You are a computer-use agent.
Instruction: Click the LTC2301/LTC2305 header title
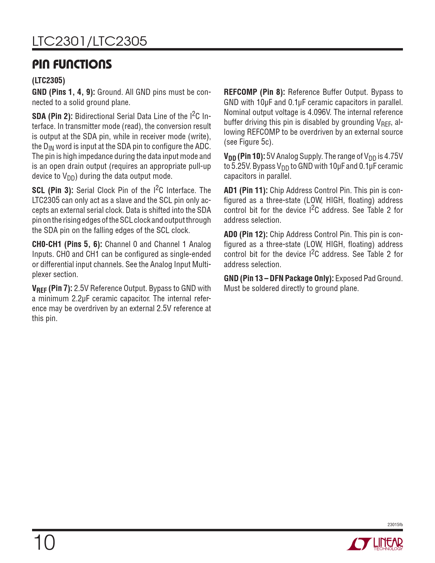[89, 41]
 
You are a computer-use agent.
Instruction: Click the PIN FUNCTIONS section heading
[72, 64]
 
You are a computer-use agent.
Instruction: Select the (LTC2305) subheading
[48, 81]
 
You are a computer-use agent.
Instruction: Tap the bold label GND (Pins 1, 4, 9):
[63, 92]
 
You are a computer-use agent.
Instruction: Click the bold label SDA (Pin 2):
[52, 116]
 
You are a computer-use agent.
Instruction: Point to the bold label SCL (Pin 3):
[53, 190]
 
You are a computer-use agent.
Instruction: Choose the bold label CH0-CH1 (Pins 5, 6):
[67, 244]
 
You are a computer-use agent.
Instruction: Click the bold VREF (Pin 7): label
[52, 289]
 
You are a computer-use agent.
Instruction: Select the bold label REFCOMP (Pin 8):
[254, 92]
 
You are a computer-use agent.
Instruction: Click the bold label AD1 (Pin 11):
[246, 190]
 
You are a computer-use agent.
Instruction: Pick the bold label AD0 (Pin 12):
[246, 234]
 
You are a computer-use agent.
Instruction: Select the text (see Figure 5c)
[249, 142]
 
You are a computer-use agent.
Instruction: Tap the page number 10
[44, 543]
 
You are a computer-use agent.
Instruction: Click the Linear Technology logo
[375, 544]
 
